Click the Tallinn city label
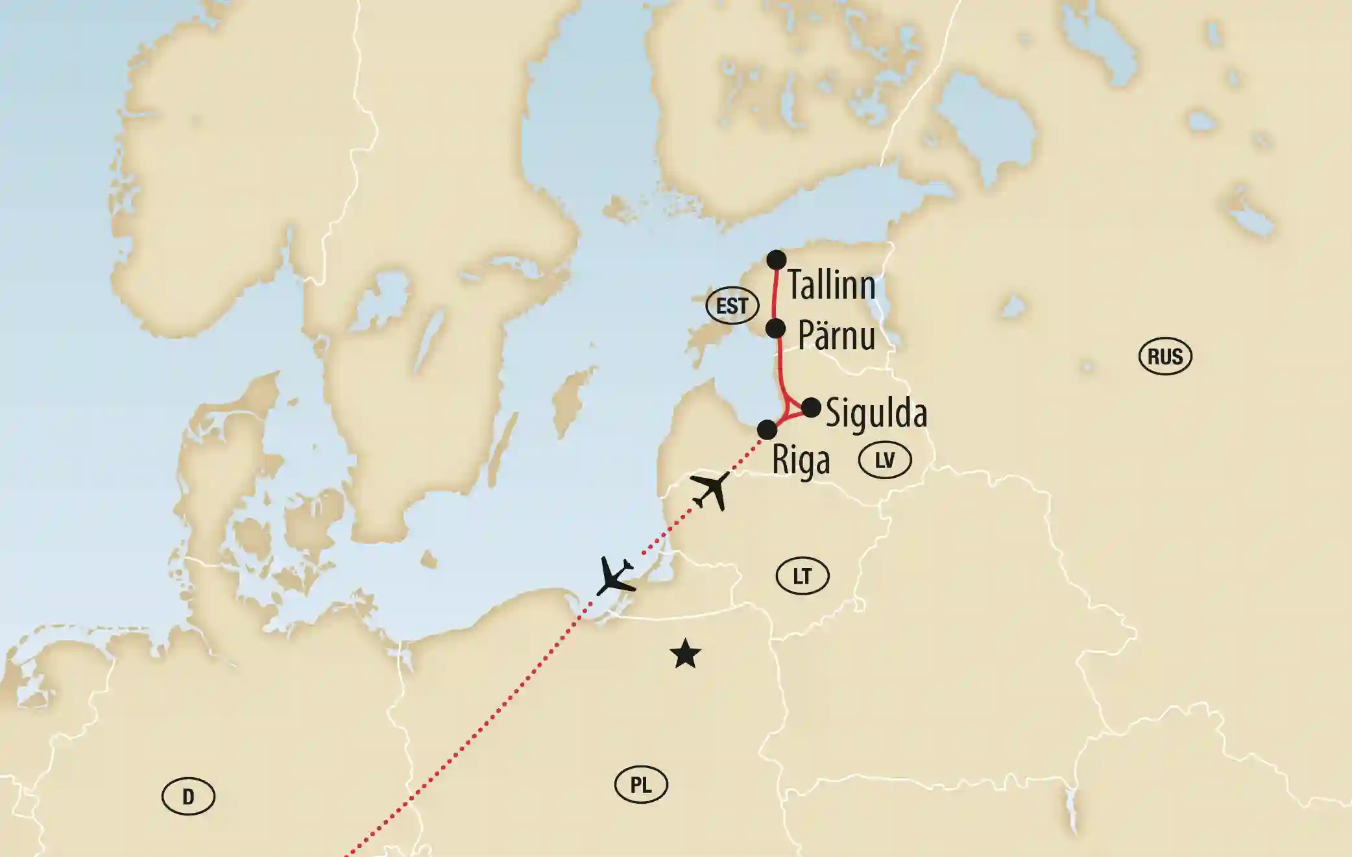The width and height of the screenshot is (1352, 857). (x=831, y=286)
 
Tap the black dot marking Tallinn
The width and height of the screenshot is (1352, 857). (x=777, y=260)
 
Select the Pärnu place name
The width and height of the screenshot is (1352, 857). (x=836, y=336)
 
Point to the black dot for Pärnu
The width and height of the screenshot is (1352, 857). (x=776, y=329)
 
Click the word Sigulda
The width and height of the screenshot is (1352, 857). (x=876, y=414)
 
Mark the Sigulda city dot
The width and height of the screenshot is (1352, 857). (x=811, y=408)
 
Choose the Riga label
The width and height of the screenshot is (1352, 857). (x=801, y=462)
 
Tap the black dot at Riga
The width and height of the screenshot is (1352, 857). (x=767, y=430)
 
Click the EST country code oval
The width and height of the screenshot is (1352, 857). (x=732, y=306)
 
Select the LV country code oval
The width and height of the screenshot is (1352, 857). (x=885, y=460)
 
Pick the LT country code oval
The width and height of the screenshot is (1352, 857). (x=802, y=576)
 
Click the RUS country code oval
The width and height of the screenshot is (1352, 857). (x=1165, y=356)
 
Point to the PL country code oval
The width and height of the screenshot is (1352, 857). (x=641, y=786)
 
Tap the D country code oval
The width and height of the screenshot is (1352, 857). (x=188, y=797)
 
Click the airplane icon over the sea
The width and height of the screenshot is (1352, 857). (x=614, y=576)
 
